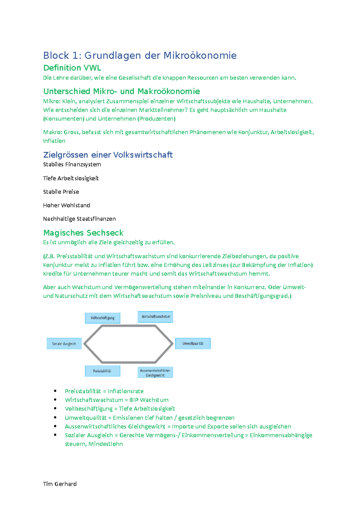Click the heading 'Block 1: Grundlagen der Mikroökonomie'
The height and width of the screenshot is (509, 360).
140,55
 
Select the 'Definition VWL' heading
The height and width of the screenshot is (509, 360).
72,68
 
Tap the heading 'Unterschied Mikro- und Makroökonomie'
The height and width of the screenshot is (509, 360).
121,91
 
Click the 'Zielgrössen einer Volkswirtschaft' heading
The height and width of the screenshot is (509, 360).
108,155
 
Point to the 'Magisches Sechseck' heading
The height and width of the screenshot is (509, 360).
83,233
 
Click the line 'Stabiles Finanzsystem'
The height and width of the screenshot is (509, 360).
72,164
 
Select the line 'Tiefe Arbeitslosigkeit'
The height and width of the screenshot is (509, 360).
71,178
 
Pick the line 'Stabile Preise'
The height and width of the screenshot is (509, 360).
61,192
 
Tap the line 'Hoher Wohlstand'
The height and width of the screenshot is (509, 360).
67,205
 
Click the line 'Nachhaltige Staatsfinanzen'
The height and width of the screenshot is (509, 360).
79,219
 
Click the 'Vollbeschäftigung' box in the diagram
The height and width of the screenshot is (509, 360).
103,318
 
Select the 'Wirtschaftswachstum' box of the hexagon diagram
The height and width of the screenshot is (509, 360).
155,317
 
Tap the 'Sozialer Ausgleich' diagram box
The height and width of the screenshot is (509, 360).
64,344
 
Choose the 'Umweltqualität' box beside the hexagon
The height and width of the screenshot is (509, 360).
193,344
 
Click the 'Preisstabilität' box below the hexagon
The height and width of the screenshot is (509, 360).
102,371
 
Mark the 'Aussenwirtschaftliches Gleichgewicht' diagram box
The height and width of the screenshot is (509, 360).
155,373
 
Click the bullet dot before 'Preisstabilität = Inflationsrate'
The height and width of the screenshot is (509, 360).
55,391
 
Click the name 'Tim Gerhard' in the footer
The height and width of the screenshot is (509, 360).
60,484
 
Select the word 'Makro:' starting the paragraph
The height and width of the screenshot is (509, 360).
52,132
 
